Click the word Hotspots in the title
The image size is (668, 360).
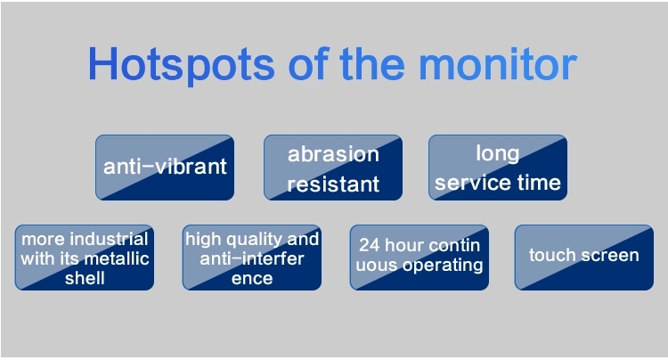pos(181,65)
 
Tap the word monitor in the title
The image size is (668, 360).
pos(498,64)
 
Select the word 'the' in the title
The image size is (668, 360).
pos(372,63)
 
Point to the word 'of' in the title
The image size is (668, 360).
pos(308,63)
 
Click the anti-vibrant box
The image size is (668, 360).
pos(165,168)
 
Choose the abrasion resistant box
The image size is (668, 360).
pos(333,168)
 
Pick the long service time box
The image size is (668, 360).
pos(498,168)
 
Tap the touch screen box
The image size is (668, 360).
pos(583,258)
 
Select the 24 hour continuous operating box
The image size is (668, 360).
pos(420,258)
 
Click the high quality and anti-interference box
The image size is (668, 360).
pos(252,258)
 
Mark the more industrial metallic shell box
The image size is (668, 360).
pos(85,258)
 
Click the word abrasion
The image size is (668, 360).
pos(333,154)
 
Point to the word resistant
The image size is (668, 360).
pos(333,184)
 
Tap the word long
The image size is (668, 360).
pos(498,154)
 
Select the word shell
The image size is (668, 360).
pos(85,278)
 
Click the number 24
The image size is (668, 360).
pos(369,245)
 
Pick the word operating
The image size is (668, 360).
pos(443,266)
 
